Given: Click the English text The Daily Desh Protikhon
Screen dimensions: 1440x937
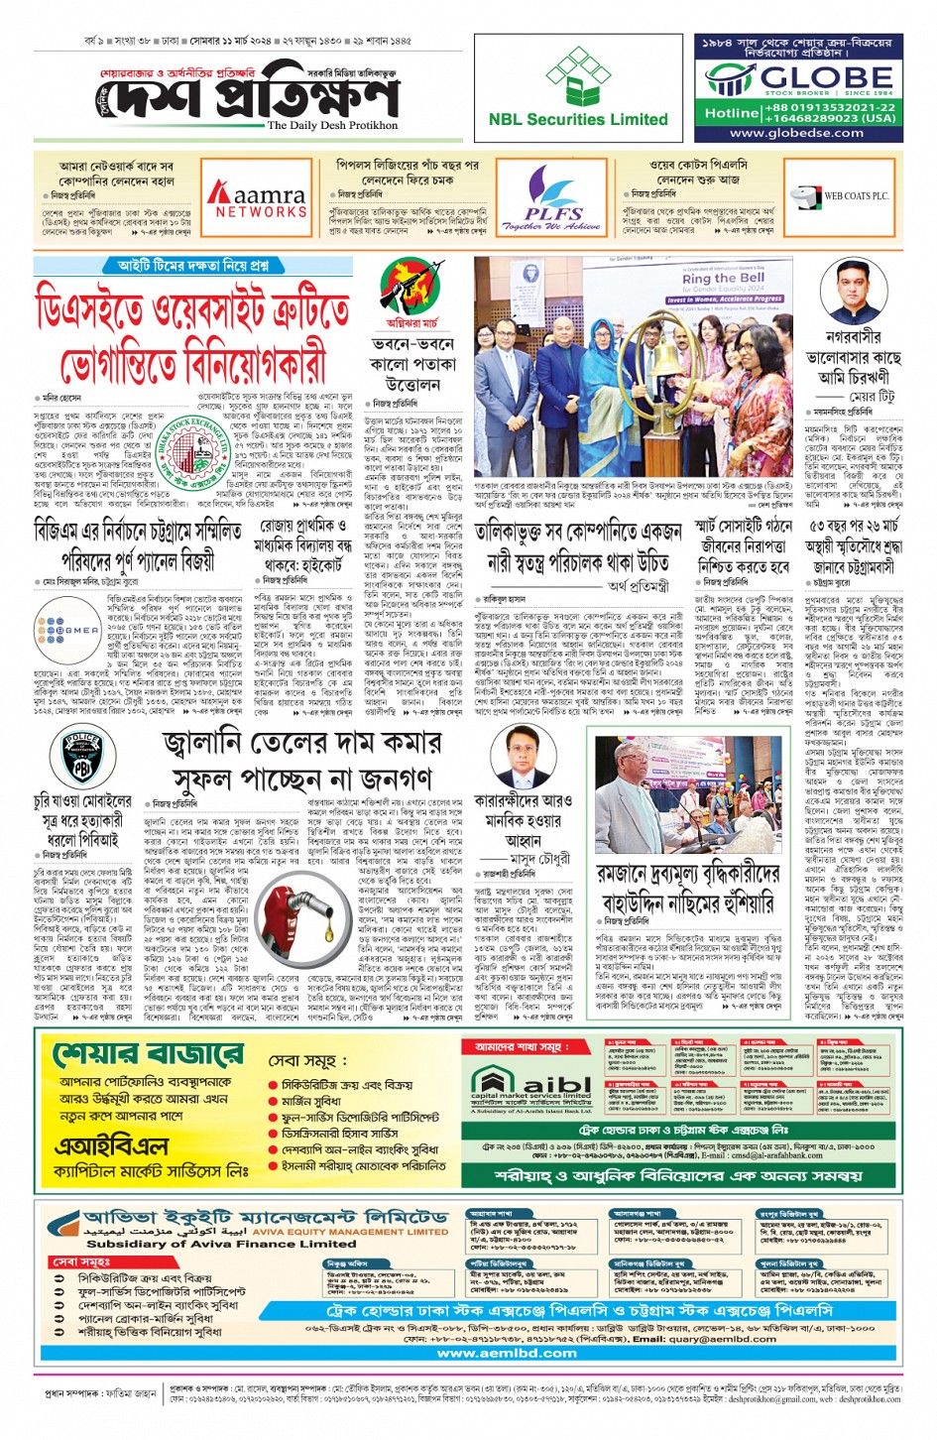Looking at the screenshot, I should point(332,126).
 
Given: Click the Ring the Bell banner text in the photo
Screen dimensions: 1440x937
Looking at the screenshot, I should point(725,280).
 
